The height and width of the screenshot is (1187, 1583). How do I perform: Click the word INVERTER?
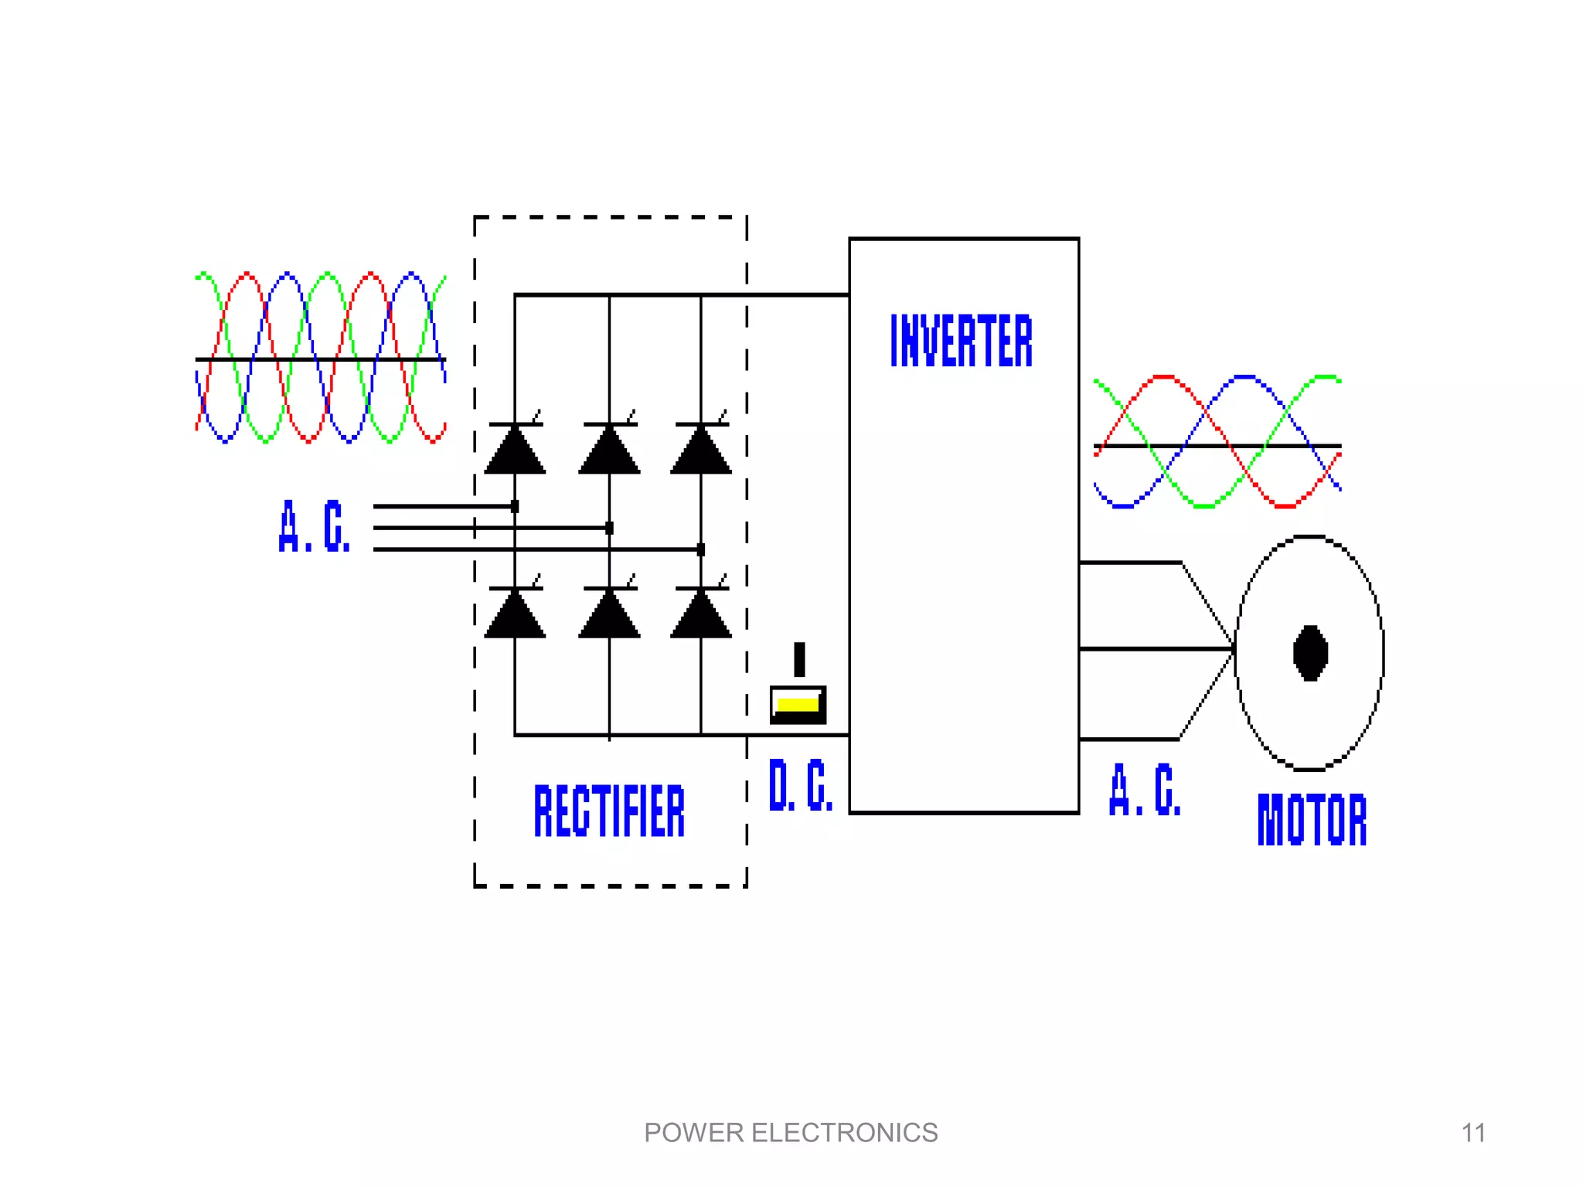[x=961, y=341]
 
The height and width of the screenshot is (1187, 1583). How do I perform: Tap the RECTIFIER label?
[x=609, y=811]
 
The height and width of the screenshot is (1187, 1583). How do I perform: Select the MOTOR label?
[x=1312, y=819]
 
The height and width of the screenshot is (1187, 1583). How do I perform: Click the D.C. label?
[x=801, y=785]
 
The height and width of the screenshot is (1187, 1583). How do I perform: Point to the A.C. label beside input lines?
[x=315, y=526]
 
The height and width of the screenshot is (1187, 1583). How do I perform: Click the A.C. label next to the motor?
[x=1145, y=790]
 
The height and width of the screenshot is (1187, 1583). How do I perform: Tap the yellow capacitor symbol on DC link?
[x=798, y=704]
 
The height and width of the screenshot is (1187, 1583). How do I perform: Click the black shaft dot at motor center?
[x=1310, y=653]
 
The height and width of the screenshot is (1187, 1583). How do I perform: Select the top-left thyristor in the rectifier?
[x=515, y=450]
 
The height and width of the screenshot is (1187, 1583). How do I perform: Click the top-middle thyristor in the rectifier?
[x=609, y=450]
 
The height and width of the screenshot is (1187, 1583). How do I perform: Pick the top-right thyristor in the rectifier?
[x=701, y=450]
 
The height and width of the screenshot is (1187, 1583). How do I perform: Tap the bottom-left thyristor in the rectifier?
[x=515, y=614]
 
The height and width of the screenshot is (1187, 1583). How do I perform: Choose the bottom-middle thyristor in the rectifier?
[x=609, y=614]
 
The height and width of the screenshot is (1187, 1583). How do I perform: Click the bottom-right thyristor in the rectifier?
[x=701, y=614]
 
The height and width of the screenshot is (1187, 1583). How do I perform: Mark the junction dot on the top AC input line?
[x=515, y=507]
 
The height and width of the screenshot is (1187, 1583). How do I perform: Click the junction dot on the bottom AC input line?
[x=701, y=549]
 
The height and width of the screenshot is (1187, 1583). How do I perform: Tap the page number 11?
[x=1473, y=1133]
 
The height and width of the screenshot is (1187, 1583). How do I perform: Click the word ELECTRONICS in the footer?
[x=844, y=1133]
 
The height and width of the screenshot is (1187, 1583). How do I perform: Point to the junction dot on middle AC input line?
[x=609, y=528]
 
